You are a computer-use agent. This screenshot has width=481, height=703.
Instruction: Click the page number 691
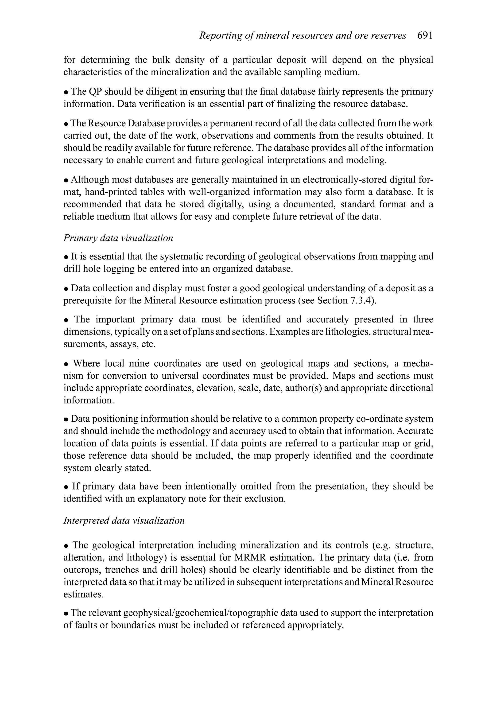pos(425,36)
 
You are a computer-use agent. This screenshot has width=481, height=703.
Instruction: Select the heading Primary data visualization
pos(118,238)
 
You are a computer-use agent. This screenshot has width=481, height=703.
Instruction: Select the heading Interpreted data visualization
pos(124,520)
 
